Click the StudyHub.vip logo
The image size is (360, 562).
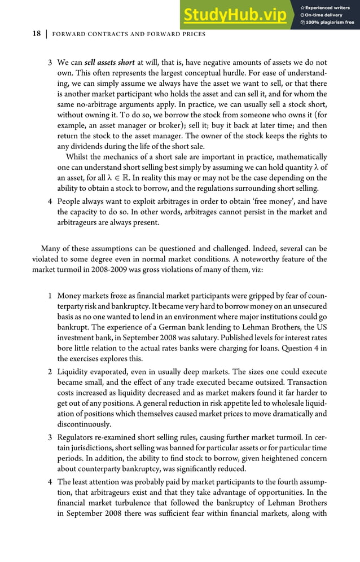tap(234, 15)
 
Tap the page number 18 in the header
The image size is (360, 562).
tap(36, 34)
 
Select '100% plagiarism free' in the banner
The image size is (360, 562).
tap(330, 23)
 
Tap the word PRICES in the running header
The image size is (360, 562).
tap(190, 34)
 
